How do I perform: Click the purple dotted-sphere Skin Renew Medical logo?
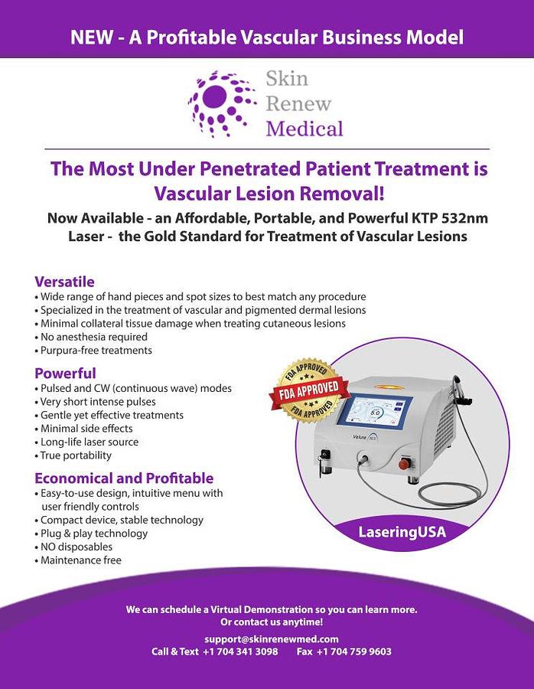[x=222, y=103]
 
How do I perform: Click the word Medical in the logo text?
[x=304, y=129]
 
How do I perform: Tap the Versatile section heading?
[x=64, y=282]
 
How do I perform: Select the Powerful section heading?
[x=65, y=374]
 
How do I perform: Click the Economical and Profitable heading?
[x=124, y=478]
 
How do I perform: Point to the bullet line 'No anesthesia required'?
[x=91, y=337]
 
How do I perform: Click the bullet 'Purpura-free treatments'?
[x=93, y=350]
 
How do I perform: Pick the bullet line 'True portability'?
[x=73, y=456]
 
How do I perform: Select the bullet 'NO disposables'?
[x=73, y=547]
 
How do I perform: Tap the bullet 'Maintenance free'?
[x=78, y=560]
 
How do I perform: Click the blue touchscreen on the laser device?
[x=375, y=411]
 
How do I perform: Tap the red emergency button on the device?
[x=404, y=464]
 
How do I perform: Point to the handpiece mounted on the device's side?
[x=461, y=391]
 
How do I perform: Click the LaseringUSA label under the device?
[x=402, y=532]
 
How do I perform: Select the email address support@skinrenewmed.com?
[x=272, y=639]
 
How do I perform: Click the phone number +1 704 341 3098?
[x=240, y=651]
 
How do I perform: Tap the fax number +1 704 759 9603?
[x=354, y=651]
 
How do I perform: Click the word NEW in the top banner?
[x=91, y=38]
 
